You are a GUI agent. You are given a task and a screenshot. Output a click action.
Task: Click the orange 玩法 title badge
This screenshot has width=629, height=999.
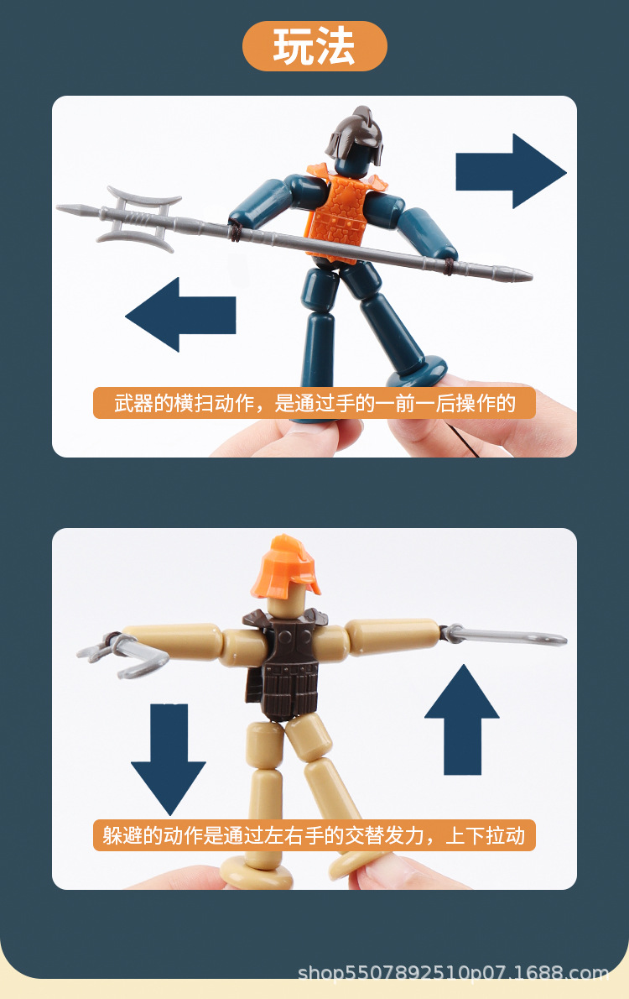pyautogui.click(x=314, y=46)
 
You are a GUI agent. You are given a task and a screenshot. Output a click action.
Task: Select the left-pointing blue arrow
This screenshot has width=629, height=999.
pyautogui.click(x=179, y=315)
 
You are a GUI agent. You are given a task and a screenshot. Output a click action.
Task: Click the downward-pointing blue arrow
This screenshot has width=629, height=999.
pyautogui.click(x=168, y=760)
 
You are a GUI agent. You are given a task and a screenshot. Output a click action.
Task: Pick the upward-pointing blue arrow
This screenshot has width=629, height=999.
pyautogui.click(x=462, y=718)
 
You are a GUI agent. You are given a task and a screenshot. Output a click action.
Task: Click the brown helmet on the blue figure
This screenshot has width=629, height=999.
pyautogui.click(x=354, y=141)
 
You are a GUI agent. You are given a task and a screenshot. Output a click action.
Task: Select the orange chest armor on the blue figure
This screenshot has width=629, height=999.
pyautogui.click(x=340, y=214)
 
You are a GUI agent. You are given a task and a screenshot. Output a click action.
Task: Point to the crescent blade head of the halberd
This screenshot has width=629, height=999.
pyautogui.click(x=140, y=216)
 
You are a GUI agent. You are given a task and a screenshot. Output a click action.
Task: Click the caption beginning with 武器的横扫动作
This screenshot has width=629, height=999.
pyautogui.click(x=314, y=403)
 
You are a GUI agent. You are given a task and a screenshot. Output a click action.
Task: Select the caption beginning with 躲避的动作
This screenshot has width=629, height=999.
pyautogui.click(x=314, y=835)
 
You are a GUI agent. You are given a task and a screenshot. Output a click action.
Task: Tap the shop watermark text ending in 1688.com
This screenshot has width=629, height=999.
pyautogui.click(x=453, y=974)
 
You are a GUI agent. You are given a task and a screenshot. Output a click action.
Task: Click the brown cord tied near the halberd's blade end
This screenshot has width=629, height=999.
pyautogui.click(x=236, y=232)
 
